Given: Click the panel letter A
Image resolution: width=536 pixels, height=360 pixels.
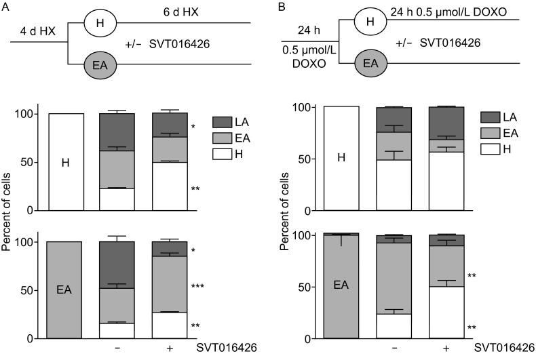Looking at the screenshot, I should pyautogui.click(x=5, y=6).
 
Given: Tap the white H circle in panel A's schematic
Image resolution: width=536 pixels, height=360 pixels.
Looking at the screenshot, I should pyautogui.click(x=101, y=24).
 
